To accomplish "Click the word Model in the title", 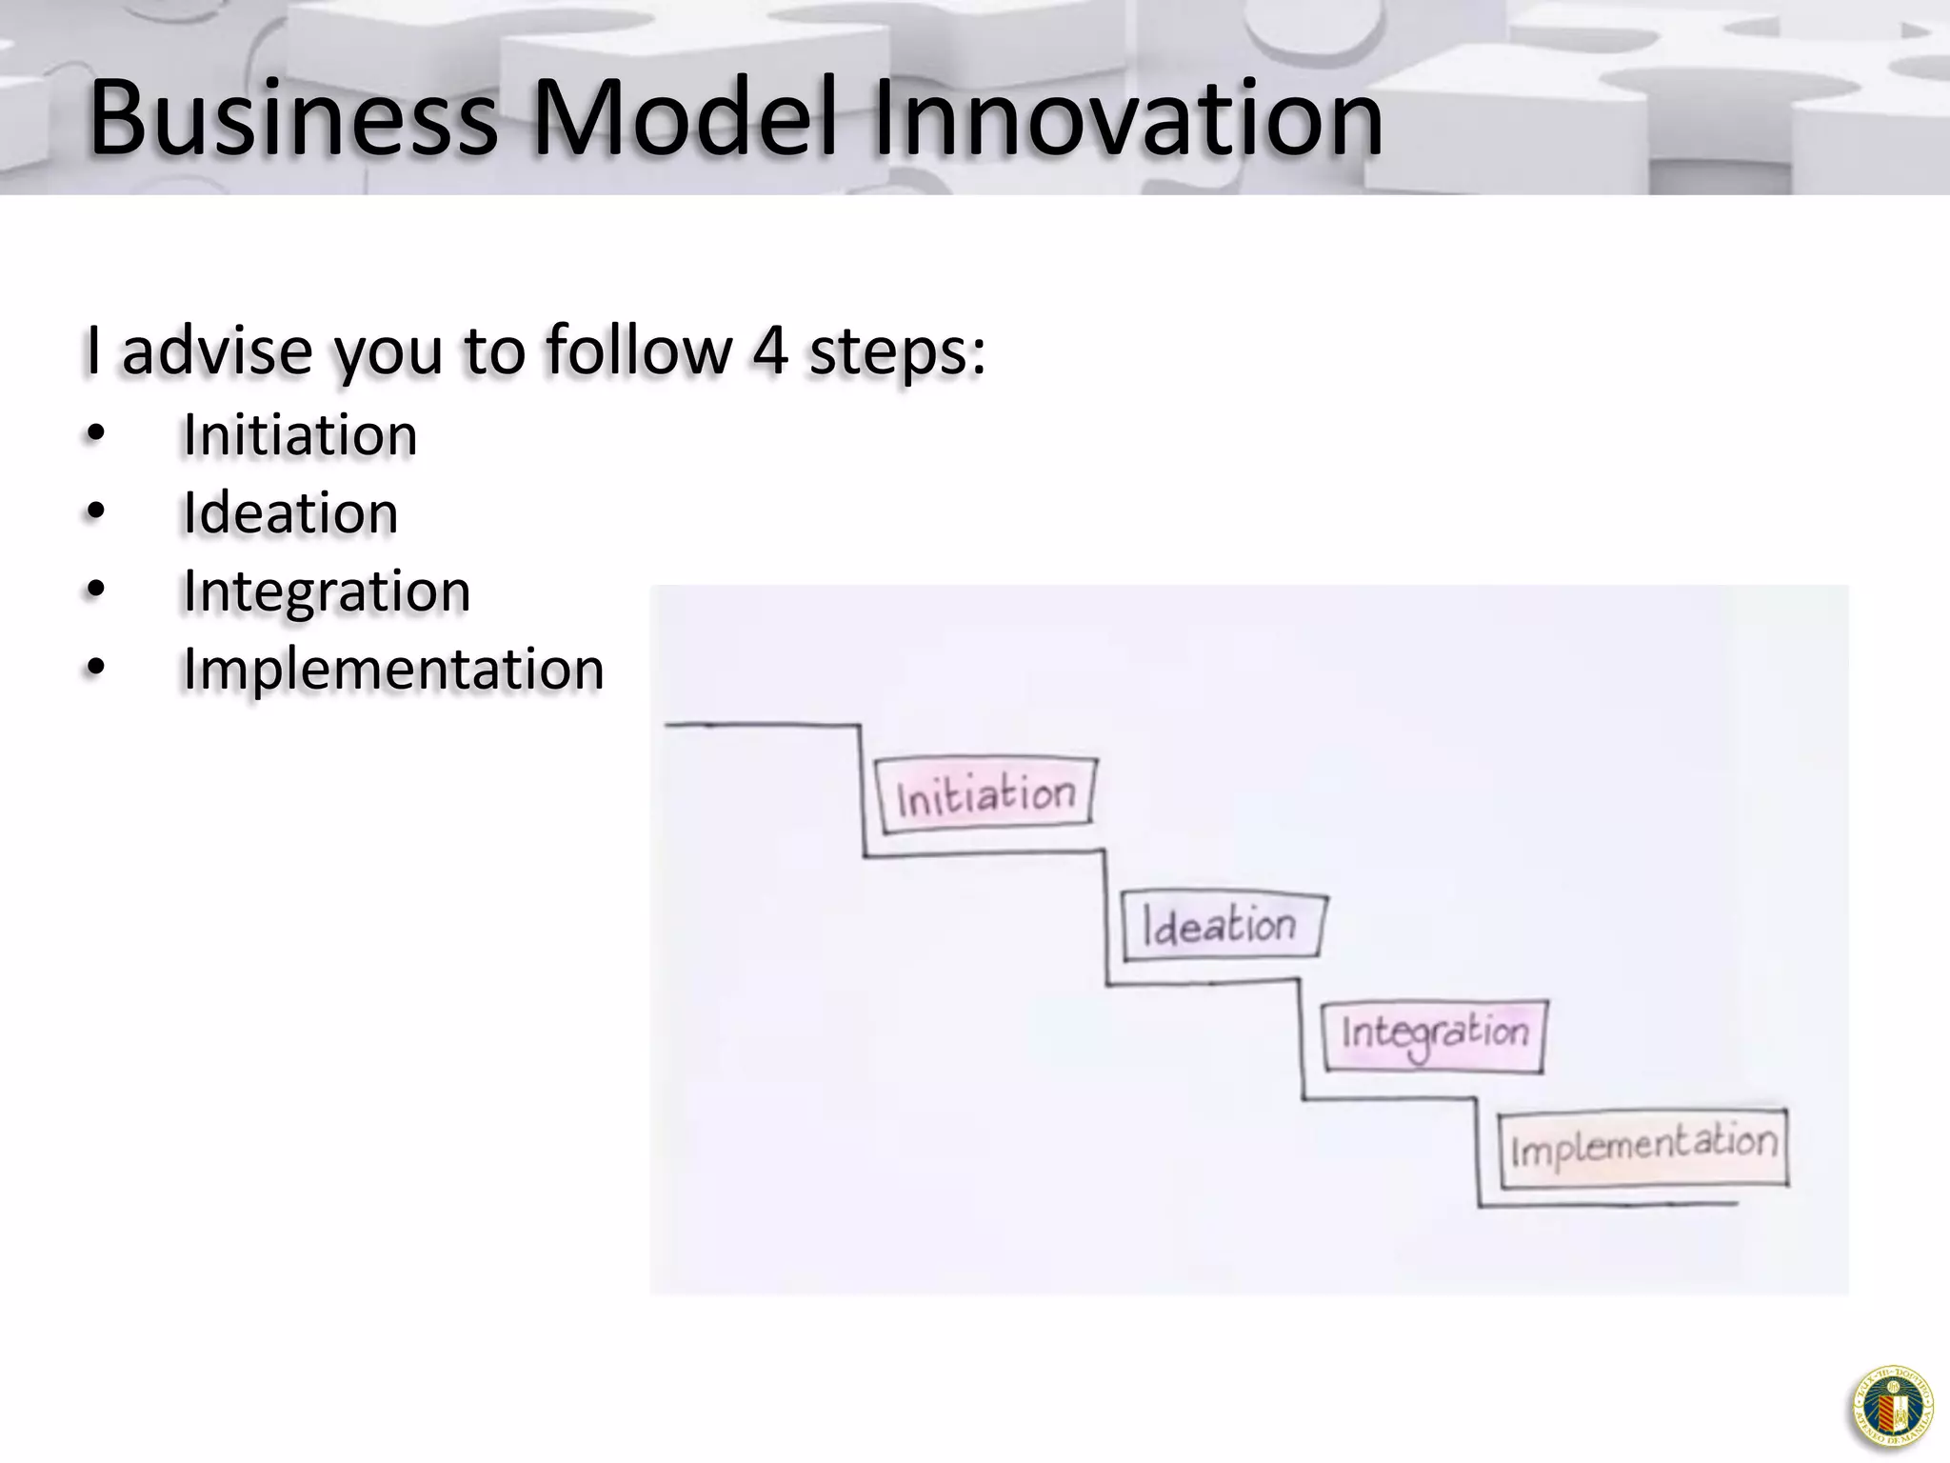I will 684,119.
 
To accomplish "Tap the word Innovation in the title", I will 1126,119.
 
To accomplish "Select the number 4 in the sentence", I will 769,350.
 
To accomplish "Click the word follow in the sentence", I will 639,350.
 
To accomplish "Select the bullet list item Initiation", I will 300,435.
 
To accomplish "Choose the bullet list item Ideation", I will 290,513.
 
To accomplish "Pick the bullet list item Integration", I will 327,591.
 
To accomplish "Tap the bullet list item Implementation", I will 393,669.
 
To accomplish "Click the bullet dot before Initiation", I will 94,435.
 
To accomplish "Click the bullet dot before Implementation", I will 94,669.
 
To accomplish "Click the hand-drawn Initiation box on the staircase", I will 986,795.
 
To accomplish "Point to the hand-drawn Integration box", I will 1434,1035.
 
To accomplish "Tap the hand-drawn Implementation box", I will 1643,1147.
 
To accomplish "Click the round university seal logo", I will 1892,1407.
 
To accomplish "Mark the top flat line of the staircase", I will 762,725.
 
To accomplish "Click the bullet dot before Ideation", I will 94,513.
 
